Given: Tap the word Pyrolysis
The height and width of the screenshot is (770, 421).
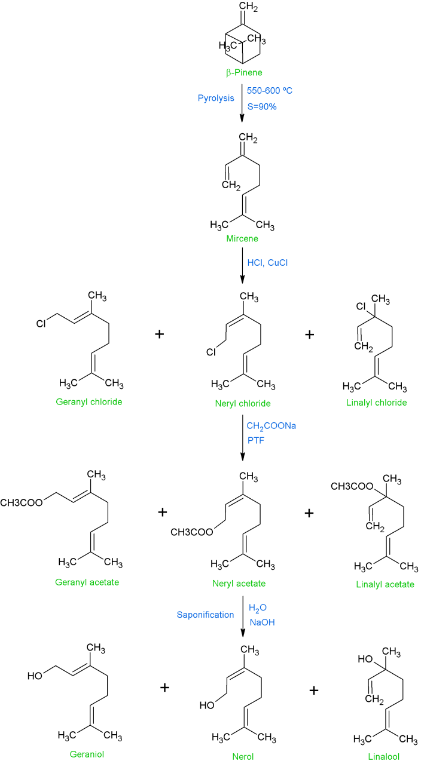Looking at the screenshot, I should (216, 99).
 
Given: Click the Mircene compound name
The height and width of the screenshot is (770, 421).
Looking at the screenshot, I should (242, 240).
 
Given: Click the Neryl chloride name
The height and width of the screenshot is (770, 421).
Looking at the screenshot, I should (243, 403).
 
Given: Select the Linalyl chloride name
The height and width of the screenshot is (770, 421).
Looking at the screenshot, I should (376, 403).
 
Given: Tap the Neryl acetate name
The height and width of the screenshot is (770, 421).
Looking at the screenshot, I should (242, 583).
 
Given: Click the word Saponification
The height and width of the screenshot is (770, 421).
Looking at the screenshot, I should (205, 614).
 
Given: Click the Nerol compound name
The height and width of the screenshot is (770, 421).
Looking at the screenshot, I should (242, 756).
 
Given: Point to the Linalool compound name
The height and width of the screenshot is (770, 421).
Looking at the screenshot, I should (383, 756).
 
